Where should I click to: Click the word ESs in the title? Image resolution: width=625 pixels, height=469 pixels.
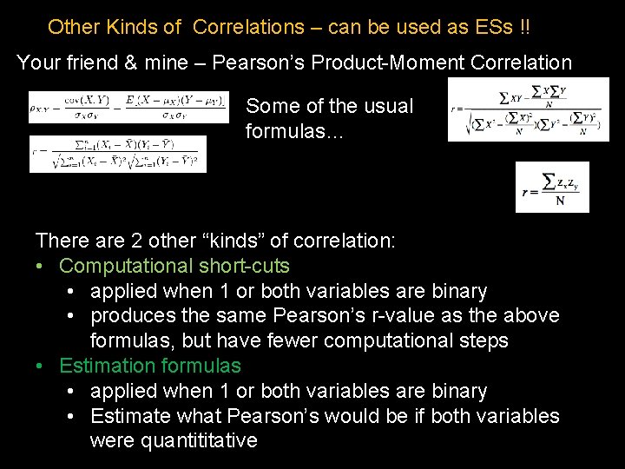494,27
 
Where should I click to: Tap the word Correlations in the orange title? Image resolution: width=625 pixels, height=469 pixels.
249,27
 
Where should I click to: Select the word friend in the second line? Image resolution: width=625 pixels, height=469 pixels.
94,63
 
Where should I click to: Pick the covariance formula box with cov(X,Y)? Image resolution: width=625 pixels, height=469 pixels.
128,107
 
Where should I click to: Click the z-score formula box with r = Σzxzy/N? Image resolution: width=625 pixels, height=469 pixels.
552,187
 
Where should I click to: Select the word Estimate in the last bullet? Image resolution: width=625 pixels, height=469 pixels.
130,416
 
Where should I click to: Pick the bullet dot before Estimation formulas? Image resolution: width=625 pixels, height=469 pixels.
40,366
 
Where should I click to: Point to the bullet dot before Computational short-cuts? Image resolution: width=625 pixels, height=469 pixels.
40,266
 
